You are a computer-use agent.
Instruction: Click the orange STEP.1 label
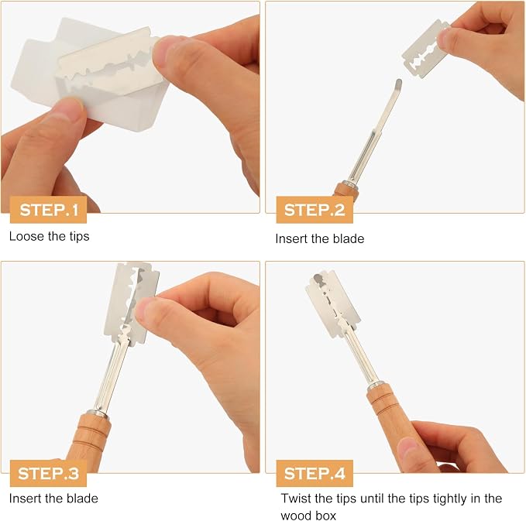[x=48, y=210]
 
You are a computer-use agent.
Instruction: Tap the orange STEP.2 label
[x=315, y=210]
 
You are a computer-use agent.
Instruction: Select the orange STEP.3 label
[x=48, y=473]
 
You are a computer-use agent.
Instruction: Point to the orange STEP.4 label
[x=315, y=473]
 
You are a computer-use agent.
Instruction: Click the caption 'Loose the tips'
[x=50, y=236]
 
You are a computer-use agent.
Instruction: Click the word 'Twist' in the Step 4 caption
[x=294, y=499]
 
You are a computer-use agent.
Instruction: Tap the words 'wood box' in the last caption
[x=308, y=515]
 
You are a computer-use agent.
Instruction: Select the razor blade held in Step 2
[x=425, y=49]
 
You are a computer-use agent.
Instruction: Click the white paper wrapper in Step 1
[x=84, y=74]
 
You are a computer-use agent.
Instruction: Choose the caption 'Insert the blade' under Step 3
[x=53, y=499]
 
